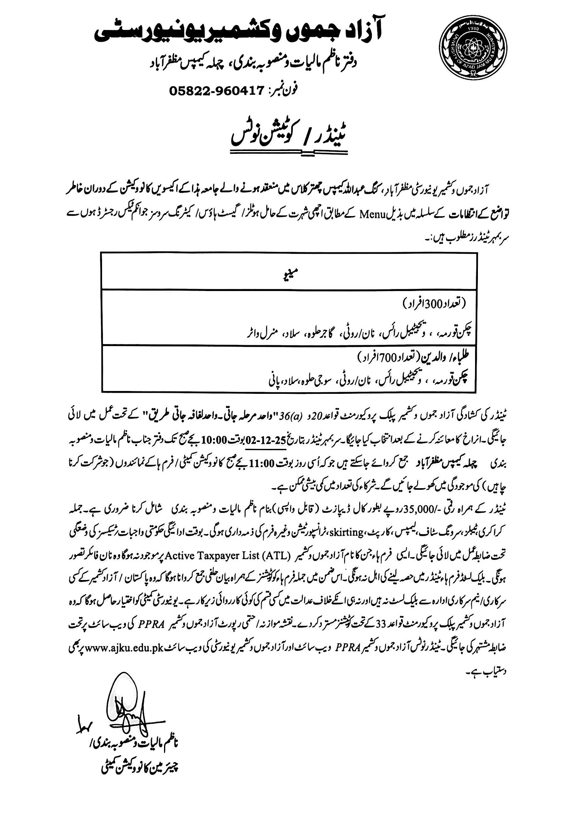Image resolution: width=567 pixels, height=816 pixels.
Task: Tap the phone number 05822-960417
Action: point(217,91)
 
